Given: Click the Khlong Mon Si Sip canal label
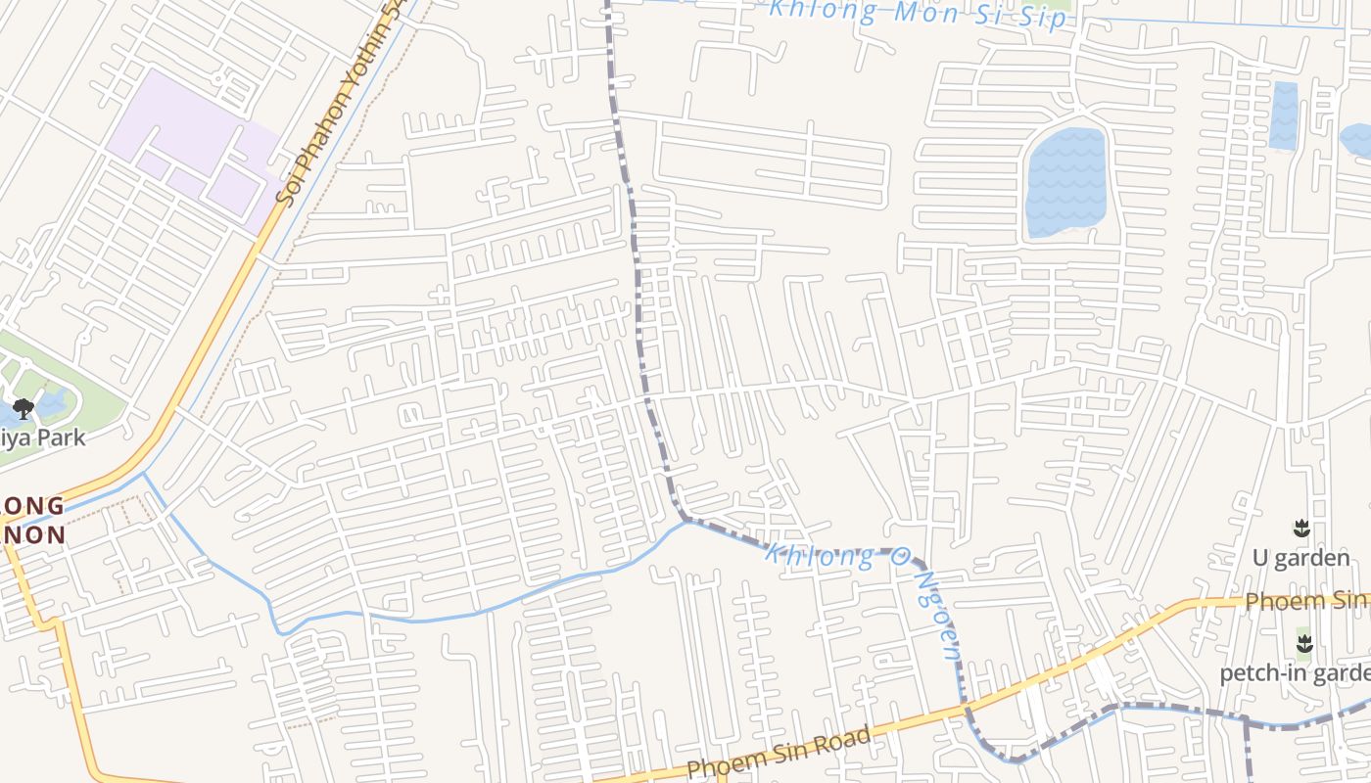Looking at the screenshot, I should (917, 13).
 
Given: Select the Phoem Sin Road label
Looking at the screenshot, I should (779, 754).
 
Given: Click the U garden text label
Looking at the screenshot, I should (1301, 558).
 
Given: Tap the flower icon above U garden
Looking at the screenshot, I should (1301, 530).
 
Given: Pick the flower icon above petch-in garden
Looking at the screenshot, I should (1303, 644).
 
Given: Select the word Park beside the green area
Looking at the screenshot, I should (60, 438).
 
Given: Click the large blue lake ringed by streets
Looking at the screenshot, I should (1064, 182).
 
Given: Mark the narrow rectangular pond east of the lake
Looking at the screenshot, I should (1283, 115).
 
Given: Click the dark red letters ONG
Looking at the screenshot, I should (34, 506).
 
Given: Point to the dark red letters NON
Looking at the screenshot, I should (34, 534).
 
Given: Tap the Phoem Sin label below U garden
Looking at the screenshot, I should (1307, 600).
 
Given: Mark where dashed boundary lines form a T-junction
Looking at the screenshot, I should (1247, 722).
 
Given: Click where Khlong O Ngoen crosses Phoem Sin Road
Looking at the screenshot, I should (965, 706).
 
